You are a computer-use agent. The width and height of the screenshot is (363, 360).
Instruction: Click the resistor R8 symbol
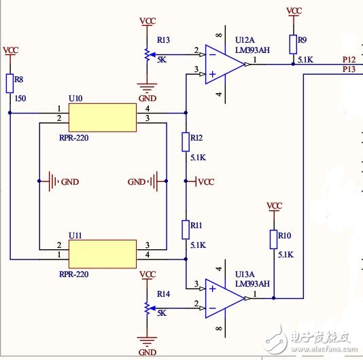click(10, 82)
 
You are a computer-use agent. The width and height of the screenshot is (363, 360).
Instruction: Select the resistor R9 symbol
click(293, 44)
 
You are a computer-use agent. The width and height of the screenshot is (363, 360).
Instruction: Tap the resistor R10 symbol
click(274, 239)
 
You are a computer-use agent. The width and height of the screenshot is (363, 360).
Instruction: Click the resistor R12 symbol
click(186, 142)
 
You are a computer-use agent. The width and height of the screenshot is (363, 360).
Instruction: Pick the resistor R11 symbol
click(186, 229)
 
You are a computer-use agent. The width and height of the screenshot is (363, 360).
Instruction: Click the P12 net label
click(348, 60)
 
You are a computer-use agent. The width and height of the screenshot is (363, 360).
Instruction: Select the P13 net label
click(348, 69)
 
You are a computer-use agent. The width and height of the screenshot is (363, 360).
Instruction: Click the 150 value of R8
click(20, 98)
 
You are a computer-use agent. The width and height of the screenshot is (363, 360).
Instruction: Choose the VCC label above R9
click(294, 11)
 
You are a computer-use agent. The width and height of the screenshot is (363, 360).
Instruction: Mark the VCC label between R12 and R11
click(205, 182)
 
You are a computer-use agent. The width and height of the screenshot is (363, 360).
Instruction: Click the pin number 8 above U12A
click(218, 35)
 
